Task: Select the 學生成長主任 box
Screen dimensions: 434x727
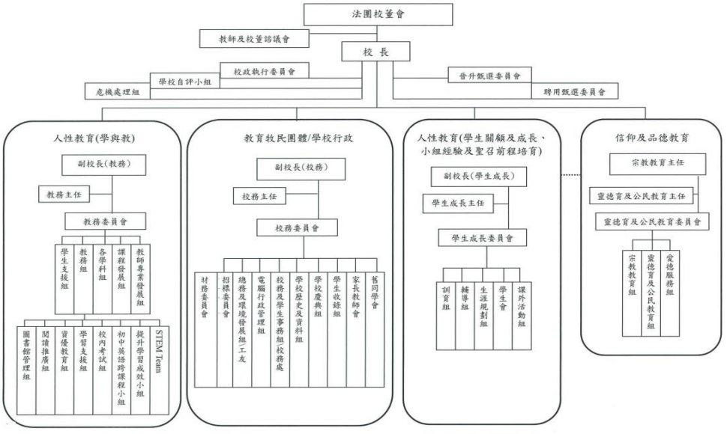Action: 458,203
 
